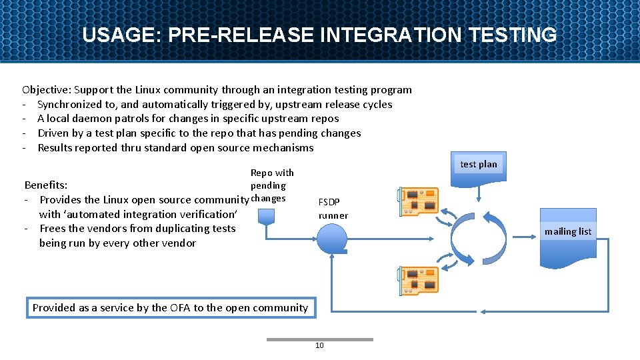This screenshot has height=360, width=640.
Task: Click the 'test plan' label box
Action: tap(479, 165)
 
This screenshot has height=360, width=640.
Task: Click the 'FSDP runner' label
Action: tap(333, 208)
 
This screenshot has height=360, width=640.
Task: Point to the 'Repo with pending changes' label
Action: tap(271, 185)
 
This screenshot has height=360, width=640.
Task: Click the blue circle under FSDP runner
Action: tap(332, 237)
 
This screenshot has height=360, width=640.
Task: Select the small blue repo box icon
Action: tap(267, 215)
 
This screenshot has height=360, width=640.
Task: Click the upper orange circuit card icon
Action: tap(418, 201)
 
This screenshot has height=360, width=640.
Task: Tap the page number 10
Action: tap(319, 345)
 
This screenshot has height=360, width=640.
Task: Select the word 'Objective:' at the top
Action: tap(47, 89)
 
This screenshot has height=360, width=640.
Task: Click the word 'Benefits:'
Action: tap(46, 185)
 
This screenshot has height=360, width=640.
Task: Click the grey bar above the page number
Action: tap(319, 339)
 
